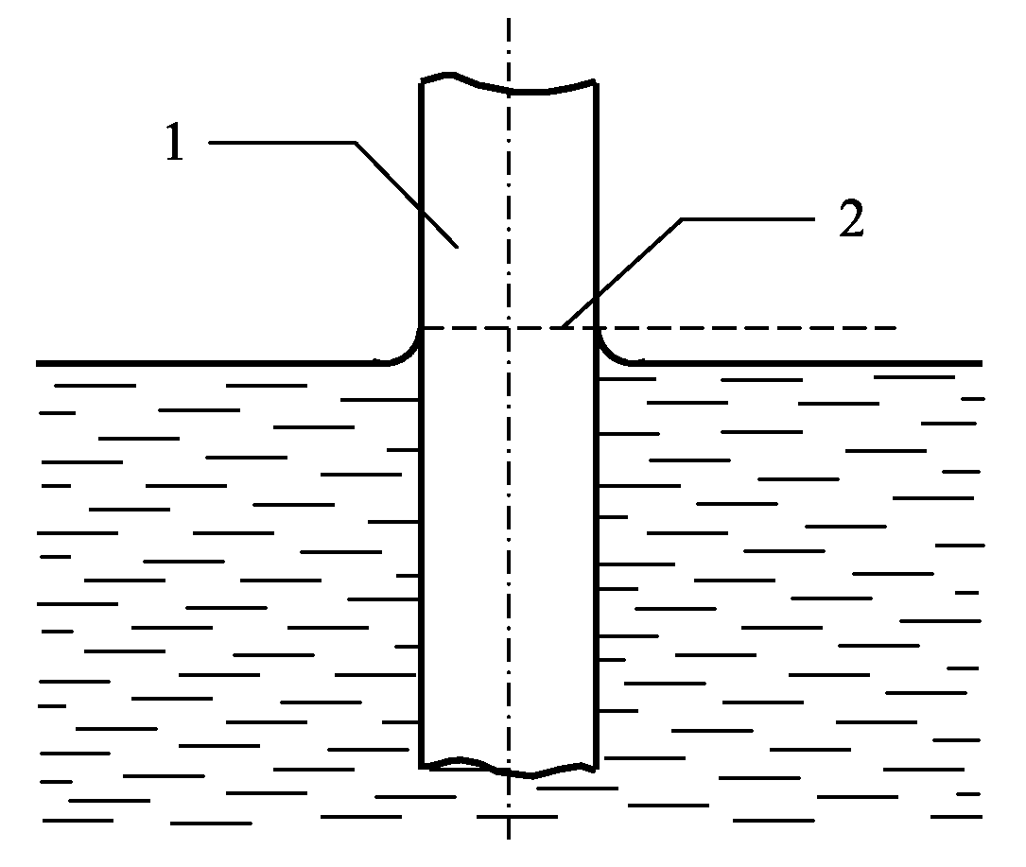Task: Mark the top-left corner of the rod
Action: (x=420, y=84)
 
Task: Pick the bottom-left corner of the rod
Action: (x=420, y=764)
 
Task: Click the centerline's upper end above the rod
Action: (x=509, y=21)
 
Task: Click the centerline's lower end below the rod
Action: (x=509, y=836)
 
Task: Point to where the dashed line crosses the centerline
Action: (x=509, y=328)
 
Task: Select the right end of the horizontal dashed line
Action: (x=895, y=328)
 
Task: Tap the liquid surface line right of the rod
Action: (x=813, y=363)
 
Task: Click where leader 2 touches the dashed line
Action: (x=561, y=327)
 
